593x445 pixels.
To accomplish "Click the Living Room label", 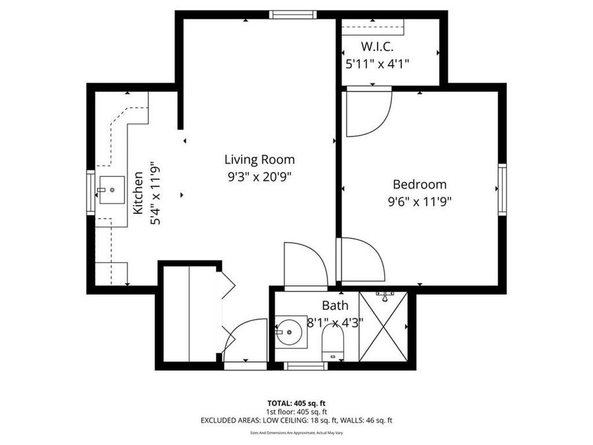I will tap(259, 160).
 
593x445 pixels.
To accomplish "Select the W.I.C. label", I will tap(378, 47).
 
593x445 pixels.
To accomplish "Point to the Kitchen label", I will tap(139, 193).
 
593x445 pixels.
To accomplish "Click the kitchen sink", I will tap(111, 190).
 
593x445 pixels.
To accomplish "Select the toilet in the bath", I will tap(333, 344).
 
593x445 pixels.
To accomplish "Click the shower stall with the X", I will tap(383, 326).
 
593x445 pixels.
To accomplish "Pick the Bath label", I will tap(335, 306).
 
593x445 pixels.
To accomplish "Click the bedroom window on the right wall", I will tap(502, 189).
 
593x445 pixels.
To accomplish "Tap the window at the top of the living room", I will tap(293, 15).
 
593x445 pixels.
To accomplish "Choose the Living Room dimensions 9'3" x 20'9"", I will tap(259, 177).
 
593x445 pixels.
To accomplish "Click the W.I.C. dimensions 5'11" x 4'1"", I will tap(378, 64).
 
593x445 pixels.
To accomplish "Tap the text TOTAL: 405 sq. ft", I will tap(296, 403).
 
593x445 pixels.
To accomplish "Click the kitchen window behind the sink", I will tap(90, 193).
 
